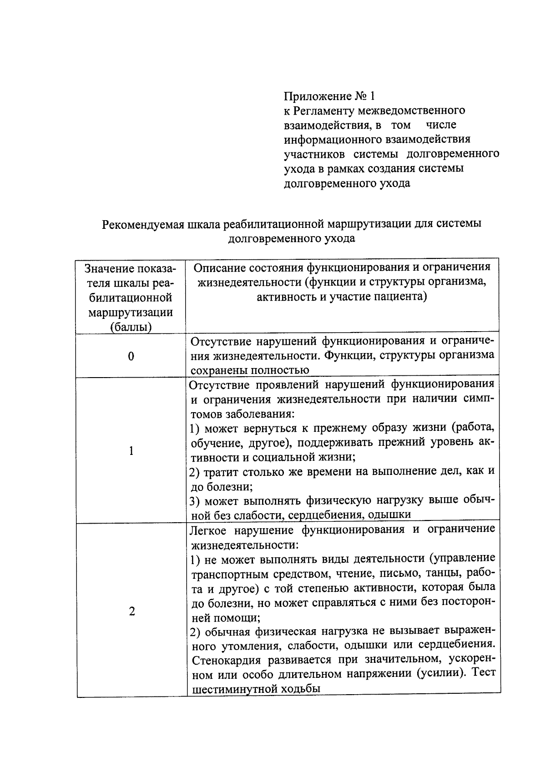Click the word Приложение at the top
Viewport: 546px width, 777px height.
(317, 96)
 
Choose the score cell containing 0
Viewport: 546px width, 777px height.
(131, 356)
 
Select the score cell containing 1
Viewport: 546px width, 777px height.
(131, 451)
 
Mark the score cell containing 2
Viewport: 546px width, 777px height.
(131, 611)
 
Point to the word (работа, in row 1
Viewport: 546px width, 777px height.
(473, 428)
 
